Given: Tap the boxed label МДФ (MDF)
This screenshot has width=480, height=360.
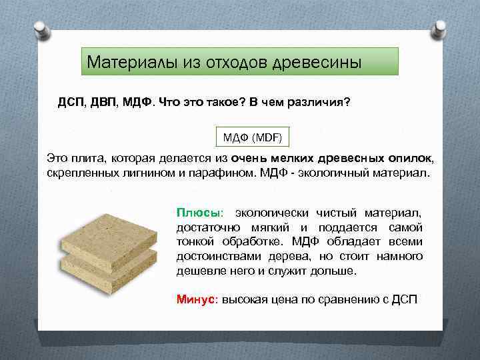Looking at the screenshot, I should pos(253,138).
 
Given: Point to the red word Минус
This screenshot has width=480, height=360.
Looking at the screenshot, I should pos(197,299).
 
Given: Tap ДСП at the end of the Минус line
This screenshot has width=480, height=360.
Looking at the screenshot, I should pos(403,299).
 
